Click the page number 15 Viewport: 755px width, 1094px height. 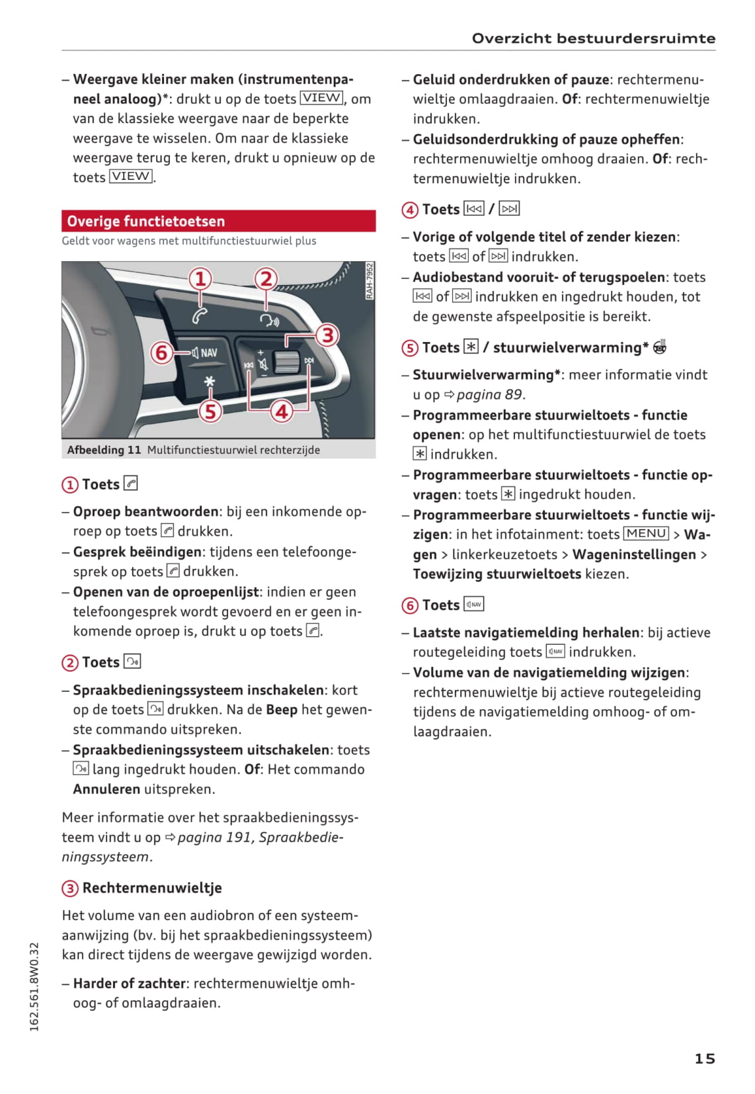(704, 1058)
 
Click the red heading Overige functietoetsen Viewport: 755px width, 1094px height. (146, 221)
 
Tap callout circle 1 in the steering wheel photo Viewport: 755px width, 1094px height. (200, 279)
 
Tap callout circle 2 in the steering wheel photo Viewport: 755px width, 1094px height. (266, 279)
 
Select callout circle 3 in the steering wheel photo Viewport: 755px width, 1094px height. (327, 335)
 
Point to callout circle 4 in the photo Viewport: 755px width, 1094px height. (282, 411)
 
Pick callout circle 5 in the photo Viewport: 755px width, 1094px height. (210, 411)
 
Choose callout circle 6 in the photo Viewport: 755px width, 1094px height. (161, 353)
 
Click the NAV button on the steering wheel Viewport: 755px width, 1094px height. (204, 353)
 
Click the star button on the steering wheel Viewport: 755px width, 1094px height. (210, 382)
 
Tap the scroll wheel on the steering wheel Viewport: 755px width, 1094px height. (286, 363)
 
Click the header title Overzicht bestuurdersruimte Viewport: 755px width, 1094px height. (593, 38)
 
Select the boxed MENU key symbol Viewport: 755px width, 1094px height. (646, 534)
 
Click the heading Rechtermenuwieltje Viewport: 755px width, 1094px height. (151, 888)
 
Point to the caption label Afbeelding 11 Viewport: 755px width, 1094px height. (104, 450)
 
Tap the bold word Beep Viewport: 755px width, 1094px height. (282, 710)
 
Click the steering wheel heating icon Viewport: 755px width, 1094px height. (659, 347)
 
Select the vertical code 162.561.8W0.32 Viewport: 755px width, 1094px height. (34, 986)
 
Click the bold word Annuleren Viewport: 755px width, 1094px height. (106, 789)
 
